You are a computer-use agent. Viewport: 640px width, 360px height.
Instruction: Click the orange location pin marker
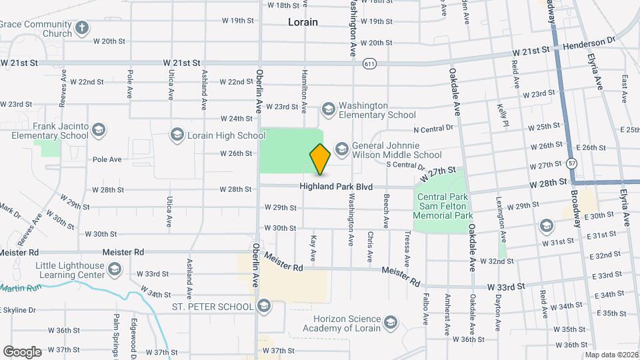pyautogui.click(x=320, y=159)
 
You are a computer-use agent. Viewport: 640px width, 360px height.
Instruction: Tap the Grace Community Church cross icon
pyautogui.click(x=82, y=28)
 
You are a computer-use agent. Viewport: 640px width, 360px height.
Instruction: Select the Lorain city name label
pyautogui.click(x=303, y=22)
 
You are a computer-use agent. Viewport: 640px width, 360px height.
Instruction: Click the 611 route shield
pyautogui.click(x=369, y=63)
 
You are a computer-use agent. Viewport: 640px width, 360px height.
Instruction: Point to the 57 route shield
pyautogui.click(x=573, y=162)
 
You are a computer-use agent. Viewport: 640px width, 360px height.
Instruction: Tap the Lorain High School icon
pyautogui.click(x=177, y=135)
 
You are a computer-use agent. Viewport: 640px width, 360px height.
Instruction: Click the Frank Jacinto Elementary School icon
pyautogui.click(x=99, y=129)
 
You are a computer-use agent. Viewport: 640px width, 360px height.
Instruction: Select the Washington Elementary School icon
pyautogui.click(x=328, y=108)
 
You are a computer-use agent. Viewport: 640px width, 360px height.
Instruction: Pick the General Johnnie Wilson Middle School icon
pyautogui.click(x=342, y=148)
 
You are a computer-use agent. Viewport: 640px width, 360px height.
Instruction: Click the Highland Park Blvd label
pyautogui.click(x=335, y=187)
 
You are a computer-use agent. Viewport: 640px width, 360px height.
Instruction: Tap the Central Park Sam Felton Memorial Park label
pyautogui.click(x=443, y=206)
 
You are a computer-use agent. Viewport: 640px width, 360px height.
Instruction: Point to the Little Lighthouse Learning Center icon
pyautogui.click(x=115, y=269)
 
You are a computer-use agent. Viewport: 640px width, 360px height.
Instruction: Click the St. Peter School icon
pyautogui.click(x=264, y=306)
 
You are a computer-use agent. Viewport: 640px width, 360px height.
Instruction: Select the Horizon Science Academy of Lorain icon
pyautogui.click(x=391, y=323)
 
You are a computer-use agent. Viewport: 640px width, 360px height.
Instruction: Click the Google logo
pyautogui.click(x=22, y=351)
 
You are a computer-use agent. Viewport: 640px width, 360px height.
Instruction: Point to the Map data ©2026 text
pyautogui.click(x=610, y=355)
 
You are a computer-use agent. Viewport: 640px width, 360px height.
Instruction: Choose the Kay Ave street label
pyautogui.click(x=312, y=247)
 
